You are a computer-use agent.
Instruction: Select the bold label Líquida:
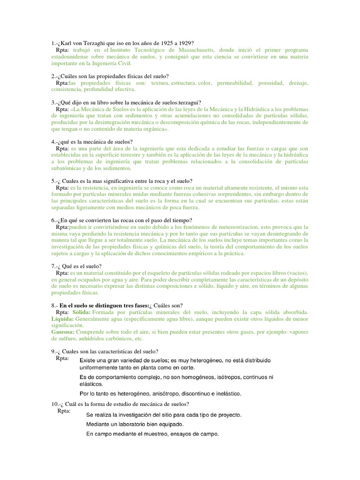63,319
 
